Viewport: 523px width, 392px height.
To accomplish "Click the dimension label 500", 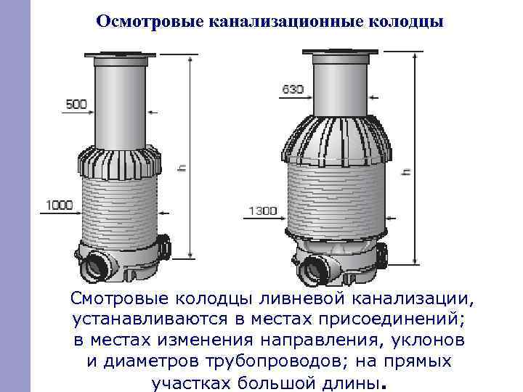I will click(75, 105).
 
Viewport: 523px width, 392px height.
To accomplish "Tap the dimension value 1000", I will click(60, 205).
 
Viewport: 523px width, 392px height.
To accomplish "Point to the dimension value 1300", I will click(263, 211).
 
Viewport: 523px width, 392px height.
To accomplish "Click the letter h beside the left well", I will click(181, 167).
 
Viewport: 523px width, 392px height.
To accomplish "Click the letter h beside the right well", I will click(405, 172).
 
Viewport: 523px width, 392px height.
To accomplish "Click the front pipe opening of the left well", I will click(94, 267).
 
